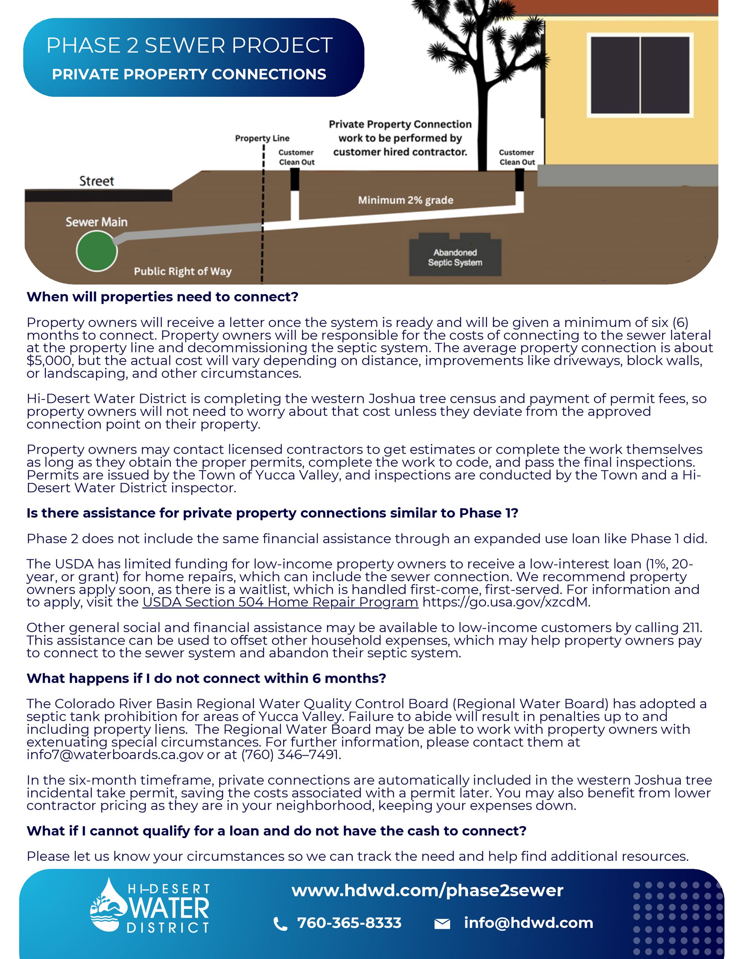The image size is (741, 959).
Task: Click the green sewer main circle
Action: point(97,251)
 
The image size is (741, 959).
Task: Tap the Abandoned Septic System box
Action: point(455,258)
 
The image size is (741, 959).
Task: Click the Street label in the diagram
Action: point(97,181)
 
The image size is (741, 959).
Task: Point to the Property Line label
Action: point(262,138)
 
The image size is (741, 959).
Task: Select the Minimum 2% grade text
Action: point(405,200)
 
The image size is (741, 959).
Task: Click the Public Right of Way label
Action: point(183,271)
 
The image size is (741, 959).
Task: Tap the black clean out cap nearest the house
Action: point(519,180)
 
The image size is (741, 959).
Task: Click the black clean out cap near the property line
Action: point(295,179)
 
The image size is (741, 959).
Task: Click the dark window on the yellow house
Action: point(640,75)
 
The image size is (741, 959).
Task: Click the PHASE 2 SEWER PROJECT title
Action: point(189,46)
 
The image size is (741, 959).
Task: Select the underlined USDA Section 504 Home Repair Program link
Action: point(280,602)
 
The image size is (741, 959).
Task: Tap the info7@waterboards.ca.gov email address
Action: point(115,755)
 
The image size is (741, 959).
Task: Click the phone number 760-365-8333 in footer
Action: point(349,922)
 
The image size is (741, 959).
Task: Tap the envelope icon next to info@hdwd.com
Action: point(442,924)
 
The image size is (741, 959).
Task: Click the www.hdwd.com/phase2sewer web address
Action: point(427,890)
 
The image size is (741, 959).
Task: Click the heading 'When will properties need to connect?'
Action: point(162,297)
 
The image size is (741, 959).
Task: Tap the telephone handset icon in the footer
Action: point(280,924)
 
